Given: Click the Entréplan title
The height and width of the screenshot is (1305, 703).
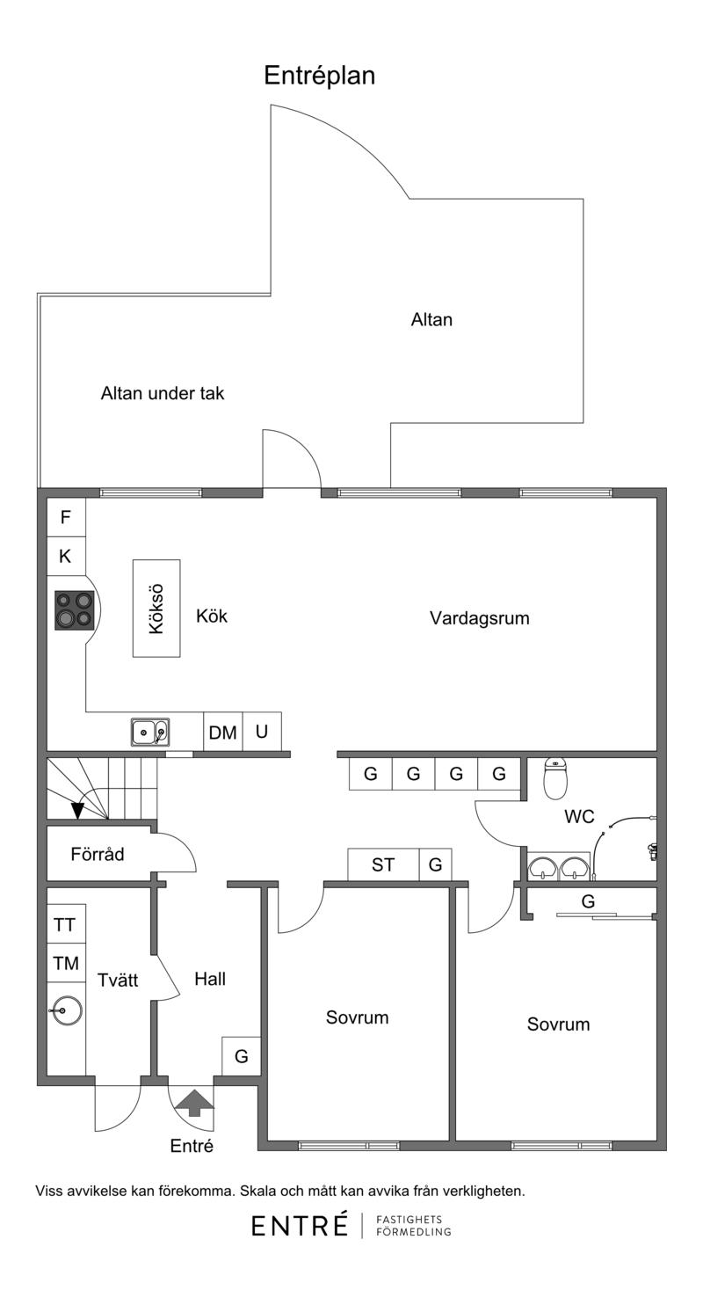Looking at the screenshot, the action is coord(320,76).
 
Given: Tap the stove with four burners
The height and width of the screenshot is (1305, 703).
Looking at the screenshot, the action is coord(74,610).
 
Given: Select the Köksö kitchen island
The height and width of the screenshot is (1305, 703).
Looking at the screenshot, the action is coord(156,609).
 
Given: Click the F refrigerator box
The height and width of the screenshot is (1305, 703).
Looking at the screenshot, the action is coord(66,517).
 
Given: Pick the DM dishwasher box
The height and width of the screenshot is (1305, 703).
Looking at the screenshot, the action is coord(223,732).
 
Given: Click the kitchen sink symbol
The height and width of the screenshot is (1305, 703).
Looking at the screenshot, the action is coord(150,732).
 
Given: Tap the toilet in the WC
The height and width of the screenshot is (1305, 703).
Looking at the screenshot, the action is coord(555,778).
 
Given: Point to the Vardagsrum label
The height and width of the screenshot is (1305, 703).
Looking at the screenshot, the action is coord(480,618).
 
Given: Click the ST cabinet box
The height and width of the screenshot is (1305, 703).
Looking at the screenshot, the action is coord(383,864).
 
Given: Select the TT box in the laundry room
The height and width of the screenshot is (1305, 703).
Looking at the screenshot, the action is coord(66,924).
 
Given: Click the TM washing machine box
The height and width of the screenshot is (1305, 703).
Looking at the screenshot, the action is coord(66,963).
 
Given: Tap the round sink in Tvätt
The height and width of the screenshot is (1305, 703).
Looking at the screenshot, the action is coord(66,1010).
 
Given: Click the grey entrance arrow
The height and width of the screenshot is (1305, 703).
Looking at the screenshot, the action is coord(194,1103).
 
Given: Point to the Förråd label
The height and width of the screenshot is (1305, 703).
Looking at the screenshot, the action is coord(98,855).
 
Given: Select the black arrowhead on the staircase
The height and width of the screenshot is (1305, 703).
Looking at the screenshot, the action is coord(77,811).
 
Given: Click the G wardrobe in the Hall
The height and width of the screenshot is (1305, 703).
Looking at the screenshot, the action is coord(242,1056).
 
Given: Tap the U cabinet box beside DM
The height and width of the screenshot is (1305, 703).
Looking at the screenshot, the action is coord(262,732).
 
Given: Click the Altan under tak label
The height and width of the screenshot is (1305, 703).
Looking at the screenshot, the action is coord(163,394).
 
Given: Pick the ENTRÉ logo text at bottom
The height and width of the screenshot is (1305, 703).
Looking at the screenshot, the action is coord(300,1226).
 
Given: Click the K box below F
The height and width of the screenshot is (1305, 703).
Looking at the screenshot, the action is coord(66,557).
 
